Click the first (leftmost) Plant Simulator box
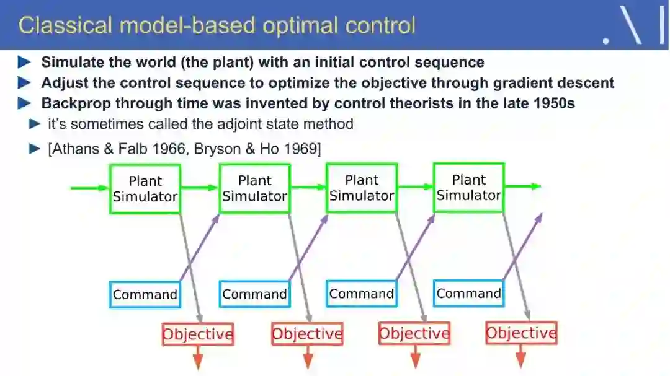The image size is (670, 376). (145, 189)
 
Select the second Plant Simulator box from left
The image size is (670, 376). (254, 188)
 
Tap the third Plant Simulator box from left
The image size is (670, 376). (362, 188)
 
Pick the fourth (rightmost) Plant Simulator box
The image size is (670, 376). (468, 187)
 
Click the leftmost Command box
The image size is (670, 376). (145, 294)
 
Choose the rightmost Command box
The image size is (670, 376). (468, 293)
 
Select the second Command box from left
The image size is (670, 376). (254, 294)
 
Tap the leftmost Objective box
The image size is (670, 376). (198, 334)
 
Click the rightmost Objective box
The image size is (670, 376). (521, 333)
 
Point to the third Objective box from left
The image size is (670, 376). (414, 334)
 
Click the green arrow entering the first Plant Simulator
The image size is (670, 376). (90, 188)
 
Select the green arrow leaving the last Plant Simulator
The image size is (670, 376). (522, 186)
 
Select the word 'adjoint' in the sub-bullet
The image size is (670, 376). (241, 124)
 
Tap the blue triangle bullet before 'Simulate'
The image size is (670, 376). (24, 62)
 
